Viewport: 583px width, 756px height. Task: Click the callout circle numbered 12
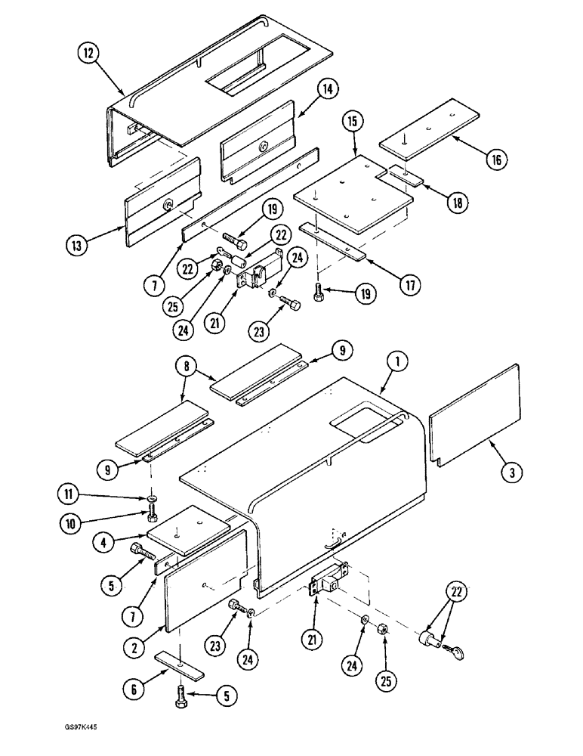89,54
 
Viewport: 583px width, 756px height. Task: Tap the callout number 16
496,160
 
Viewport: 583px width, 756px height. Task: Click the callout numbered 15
353,122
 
